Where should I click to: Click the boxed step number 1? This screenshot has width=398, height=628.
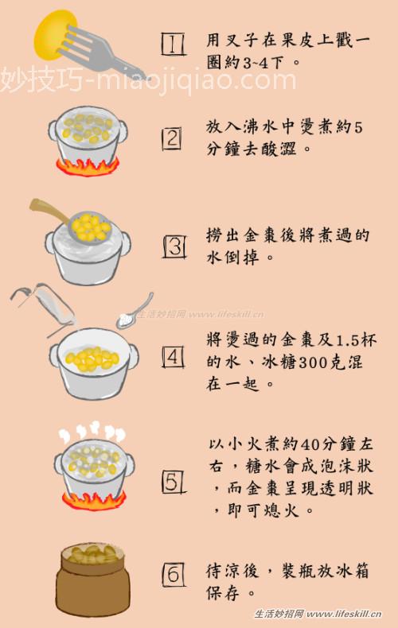pyautogui.click(x=173, y=45)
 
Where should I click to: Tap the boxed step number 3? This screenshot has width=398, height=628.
pyautogui.click(x=174, y=246)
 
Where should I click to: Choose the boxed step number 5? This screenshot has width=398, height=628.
pyautogui.click(x=174, y=481)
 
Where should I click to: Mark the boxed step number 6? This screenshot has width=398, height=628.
pyautogui.click(x=174, y=573)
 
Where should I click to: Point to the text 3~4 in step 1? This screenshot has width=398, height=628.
pyautogui.click(x=258, y=61)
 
